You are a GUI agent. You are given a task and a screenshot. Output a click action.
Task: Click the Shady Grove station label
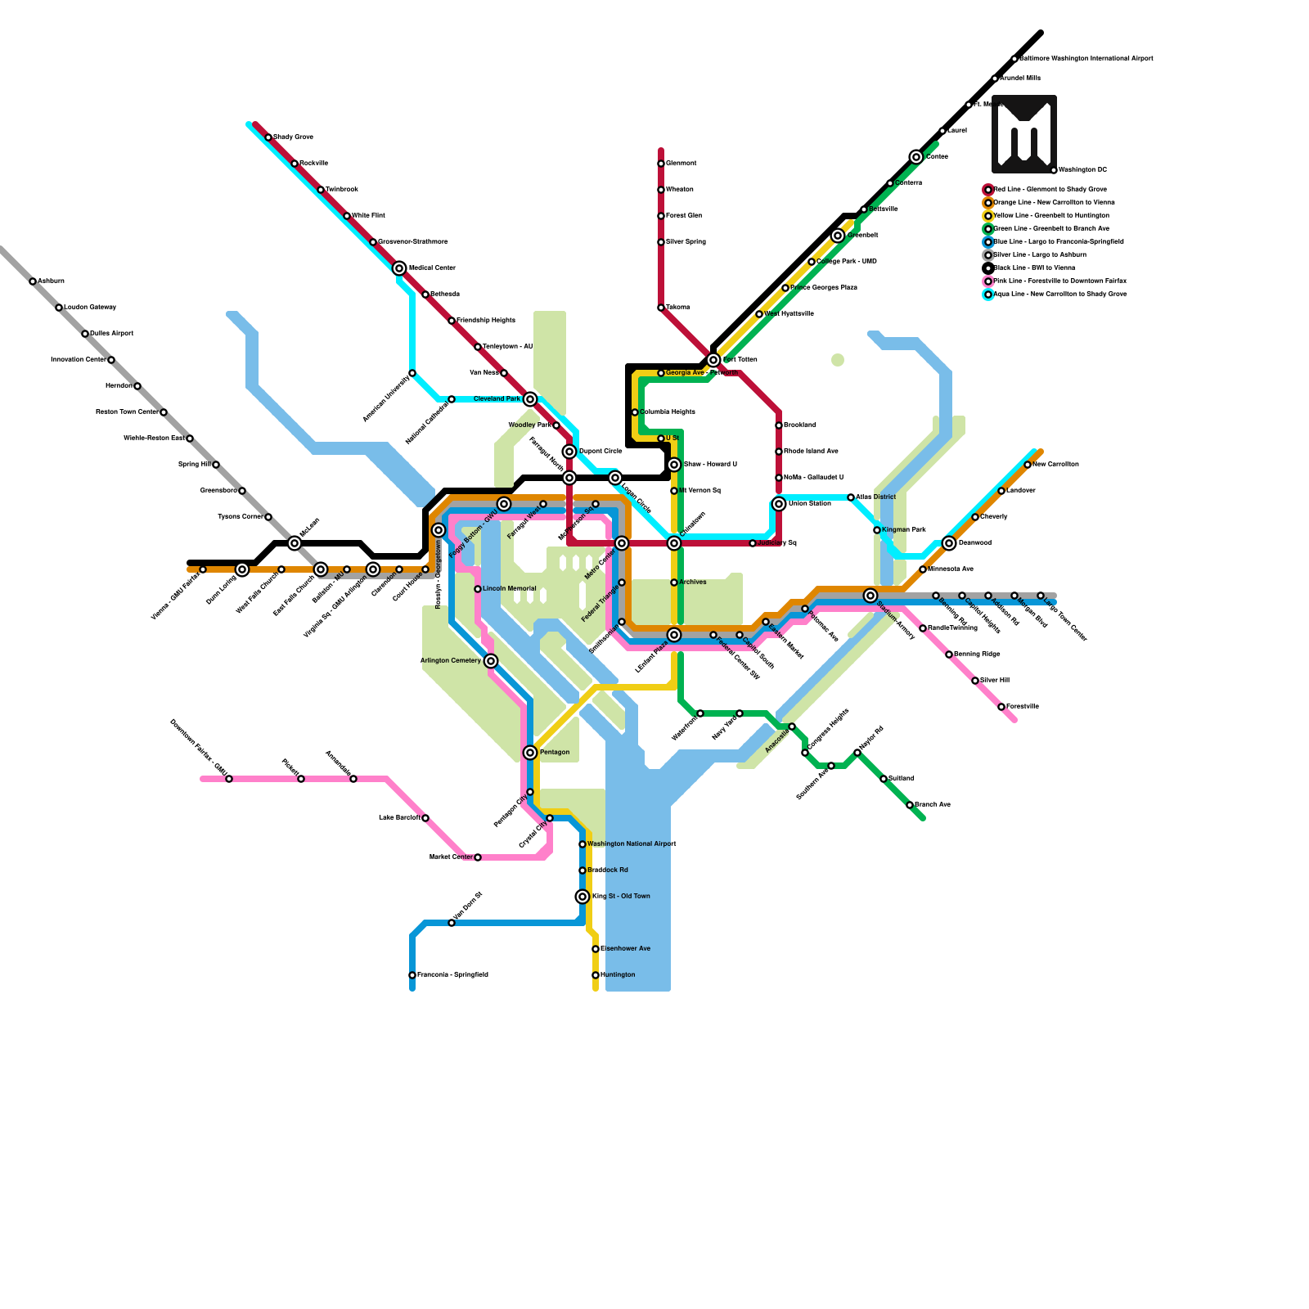click(x=293, y=137)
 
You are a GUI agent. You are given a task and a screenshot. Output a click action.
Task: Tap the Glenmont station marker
click(x=661, y=164)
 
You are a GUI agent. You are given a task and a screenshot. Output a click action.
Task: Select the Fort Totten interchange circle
click(x=713, y=360)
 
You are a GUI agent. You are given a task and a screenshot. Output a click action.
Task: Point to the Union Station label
click(x=809, y=503)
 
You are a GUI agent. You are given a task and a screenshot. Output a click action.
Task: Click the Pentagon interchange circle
click(x=530, y=753)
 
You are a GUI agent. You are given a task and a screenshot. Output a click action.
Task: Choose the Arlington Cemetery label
click(x=450, y=660)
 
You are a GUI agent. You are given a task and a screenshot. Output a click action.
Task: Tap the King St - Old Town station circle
click(x=583, y=897)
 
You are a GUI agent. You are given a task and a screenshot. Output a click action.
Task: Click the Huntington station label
click(x=618, y=974)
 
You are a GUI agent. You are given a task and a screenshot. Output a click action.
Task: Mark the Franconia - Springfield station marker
click(x=412, y=975)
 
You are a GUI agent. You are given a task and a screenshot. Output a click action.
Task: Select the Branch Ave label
click(x=933, y=804)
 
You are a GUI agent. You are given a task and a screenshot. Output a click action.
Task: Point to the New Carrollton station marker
click(x=1028, y=465)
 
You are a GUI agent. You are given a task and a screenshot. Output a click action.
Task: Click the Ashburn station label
click(x=51, y=281)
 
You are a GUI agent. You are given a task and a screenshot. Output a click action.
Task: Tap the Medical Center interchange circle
click(x=399, y=268)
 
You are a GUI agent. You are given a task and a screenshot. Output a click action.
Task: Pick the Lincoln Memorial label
click(x=509, y=588)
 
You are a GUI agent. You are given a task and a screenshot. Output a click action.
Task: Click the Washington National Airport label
click(x=632, y=843)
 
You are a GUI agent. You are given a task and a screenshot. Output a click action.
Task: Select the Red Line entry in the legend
click(x=1050, y=189)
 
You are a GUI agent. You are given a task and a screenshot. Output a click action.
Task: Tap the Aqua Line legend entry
click(x=1059, y=294)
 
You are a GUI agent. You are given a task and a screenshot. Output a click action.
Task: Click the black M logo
click(x=1024, y=133)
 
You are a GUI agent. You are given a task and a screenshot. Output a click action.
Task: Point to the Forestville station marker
click(x=1001, y=707)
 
